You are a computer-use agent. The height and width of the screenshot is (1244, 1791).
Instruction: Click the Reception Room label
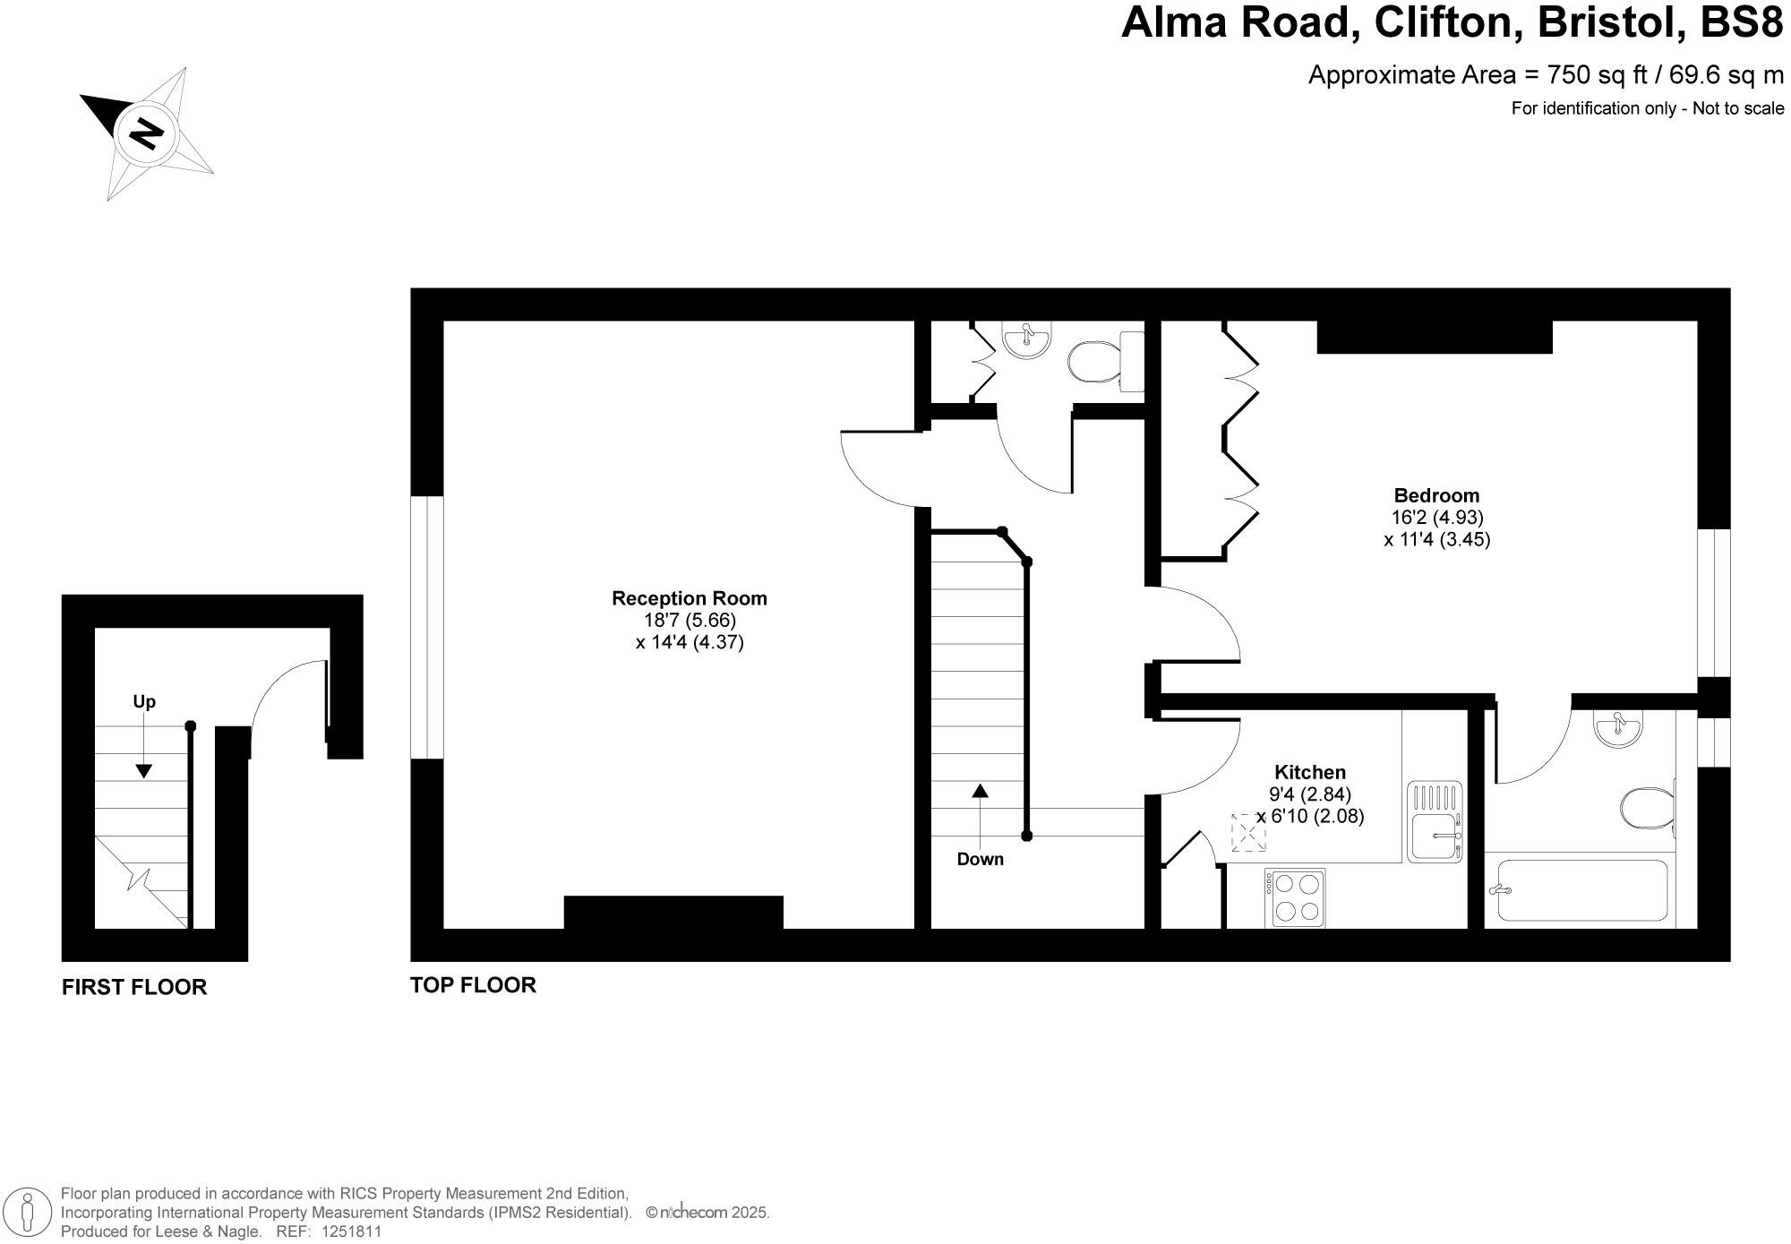(x=689, y=598)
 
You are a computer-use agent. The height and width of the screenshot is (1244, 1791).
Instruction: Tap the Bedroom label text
(x=1436, y=495)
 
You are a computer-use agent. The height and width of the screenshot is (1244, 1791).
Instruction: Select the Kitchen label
(x=1310, y=772)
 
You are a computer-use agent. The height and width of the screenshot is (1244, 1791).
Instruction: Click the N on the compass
(x=146, y=133)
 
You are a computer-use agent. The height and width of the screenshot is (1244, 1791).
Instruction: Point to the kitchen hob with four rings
(x=1295, y=897)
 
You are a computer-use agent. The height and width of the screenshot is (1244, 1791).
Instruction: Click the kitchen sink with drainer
(x=1435, y=822)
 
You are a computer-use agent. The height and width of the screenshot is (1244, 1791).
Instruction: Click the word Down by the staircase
(x=980, y=860)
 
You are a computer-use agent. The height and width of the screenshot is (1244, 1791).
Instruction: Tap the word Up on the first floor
(x=144, y=701)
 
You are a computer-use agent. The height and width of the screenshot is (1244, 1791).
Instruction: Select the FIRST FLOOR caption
(x=134, y=987)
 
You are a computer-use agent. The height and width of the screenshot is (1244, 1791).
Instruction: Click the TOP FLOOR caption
(x=473, y=985)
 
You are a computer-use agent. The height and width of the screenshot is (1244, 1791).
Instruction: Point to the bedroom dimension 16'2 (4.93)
(x=1437, y=518)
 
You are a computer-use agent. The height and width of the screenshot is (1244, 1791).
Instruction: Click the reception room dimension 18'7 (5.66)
(x=690, y=620)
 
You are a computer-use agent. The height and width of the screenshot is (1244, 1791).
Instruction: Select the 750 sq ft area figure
(x=1590, y=75)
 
